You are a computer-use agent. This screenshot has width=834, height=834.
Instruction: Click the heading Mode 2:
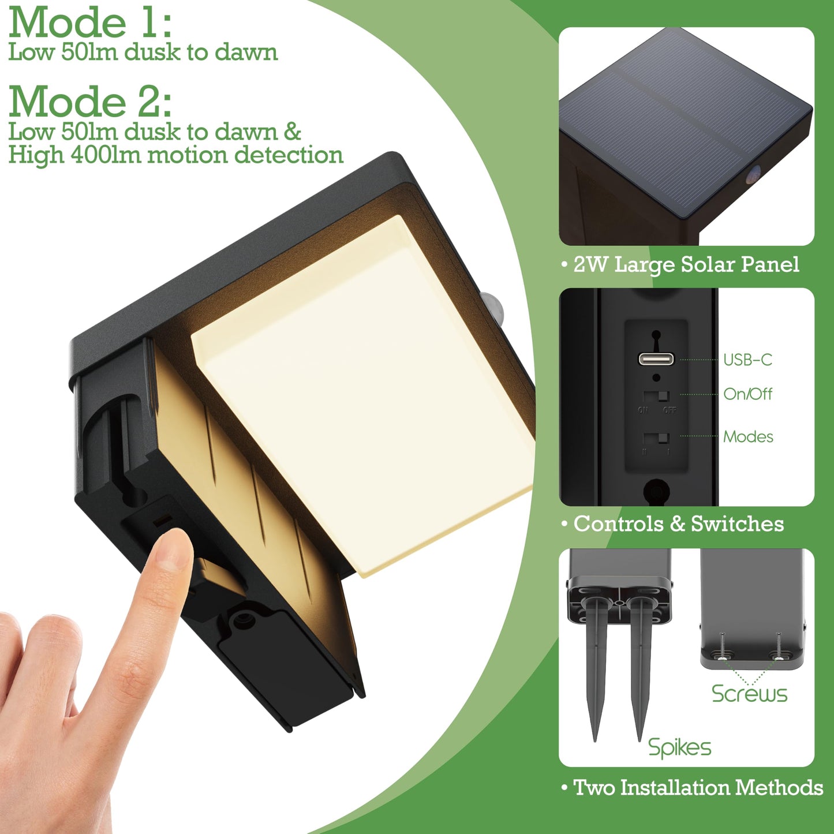click(x=90, y=101)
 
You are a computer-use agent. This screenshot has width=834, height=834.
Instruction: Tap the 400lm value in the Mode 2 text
click(x=106, y=155)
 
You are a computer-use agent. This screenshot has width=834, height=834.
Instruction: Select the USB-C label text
click(x=747, y=360)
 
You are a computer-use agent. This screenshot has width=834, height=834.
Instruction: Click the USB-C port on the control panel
click(x=656, y=359)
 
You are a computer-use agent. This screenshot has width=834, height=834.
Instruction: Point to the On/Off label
click(x=747, y=394)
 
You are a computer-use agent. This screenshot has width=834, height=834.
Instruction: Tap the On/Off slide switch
click(x=656, y=396)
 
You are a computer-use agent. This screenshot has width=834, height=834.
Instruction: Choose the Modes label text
click(x=748, y=437)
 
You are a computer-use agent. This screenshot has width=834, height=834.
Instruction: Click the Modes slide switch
click(x=656, y=438)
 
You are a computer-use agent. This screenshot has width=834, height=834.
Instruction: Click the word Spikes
click(x=679, y=747)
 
